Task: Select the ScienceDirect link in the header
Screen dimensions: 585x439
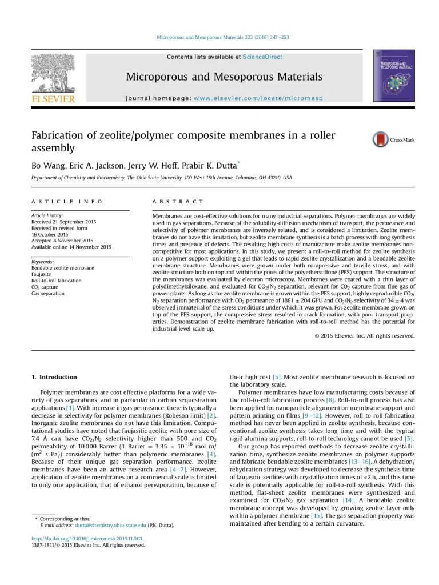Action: (x=262, y=57)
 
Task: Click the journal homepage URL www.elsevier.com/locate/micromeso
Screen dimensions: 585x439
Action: (x=258, y=98)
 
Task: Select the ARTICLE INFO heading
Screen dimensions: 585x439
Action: (x=67, y=202)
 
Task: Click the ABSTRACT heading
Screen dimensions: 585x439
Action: (x=178, y=202)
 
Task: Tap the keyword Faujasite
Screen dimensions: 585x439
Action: (x=42, y=274)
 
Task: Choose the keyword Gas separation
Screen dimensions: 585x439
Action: (x=48, y=293)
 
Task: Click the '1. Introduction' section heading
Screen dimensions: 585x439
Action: (x=54, y=377)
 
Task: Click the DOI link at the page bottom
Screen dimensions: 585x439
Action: (x=86, y=539)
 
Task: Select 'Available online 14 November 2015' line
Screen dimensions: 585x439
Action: (x=71, y=247)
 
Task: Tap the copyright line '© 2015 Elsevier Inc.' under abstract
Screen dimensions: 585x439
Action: (x=365, y=336)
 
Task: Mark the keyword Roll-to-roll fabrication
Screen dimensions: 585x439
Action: (x=56, y=281)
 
